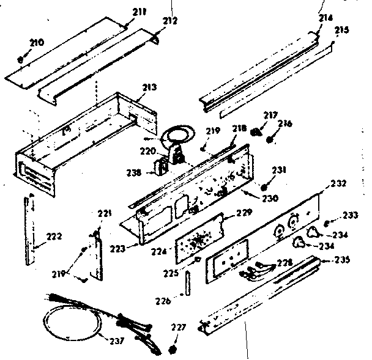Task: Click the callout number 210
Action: click(x=37, y=42)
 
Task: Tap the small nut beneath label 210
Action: click(x=22, y=60)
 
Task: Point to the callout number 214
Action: click(x=326, y=19)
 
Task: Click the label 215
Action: click(x=341, y=30)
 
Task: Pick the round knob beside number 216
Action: click(x=270, y=139)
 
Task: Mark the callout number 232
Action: click(x=338, y=183)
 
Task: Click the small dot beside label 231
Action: click(x=264, y=186)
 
